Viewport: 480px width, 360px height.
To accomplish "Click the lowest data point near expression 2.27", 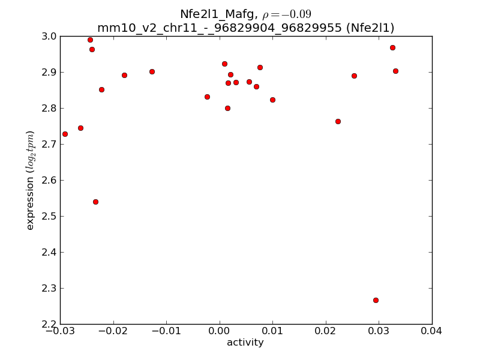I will point(376,300).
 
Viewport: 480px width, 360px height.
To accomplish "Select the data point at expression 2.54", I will point(95,202).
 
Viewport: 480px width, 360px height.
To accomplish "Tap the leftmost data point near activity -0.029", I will point(65,134).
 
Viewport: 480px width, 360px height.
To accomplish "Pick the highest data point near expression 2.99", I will point(90,40).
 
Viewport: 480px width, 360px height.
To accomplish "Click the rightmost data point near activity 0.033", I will point(395,71).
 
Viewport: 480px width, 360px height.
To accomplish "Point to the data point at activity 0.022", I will point(338,121).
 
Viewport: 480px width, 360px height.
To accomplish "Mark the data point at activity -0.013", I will point(152,71).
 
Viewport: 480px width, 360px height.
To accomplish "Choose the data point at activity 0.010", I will point(272,100).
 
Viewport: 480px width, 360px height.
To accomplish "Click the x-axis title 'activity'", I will point(245,343).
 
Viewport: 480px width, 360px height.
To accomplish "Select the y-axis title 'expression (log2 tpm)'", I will point(31,180).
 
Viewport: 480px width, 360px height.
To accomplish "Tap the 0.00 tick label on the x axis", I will point(219,331).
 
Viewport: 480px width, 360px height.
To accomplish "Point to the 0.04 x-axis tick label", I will point(431,331).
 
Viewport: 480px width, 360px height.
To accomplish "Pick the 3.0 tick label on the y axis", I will point(49,37).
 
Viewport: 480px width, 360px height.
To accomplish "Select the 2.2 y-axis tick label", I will point(49,324).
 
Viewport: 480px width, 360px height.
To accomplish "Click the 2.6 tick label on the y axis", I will point(49,181).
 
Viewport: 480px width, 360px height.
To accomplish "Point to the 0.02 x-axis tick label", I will point(325,331).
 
